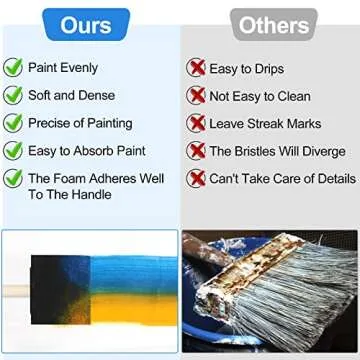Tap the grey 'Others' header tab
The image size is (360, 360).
pos(270,23)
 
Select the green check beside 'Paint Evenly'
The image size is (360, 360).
pos(14,69)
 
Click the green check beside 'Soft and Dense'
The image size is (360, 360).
pos(14,96)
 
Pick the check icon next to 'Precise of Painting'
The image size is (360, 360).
pos(14,124)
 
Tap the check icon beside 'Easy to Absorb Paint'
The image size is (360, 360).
pos(14,151)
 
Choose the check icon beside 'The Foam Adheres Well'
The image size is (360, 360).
pos(14,179)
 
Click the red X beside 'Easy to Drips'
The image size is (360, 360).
pos(195,69)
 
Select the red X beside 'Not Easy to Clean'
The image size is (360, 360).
pos(195,96)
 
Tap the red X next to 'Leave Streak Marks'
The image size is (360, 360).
pos(195,124)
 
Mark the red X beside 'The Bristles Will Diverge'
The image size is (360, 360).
pos(195,151)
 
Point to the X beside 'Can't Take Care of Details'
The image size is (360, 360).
pos(195,179)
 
